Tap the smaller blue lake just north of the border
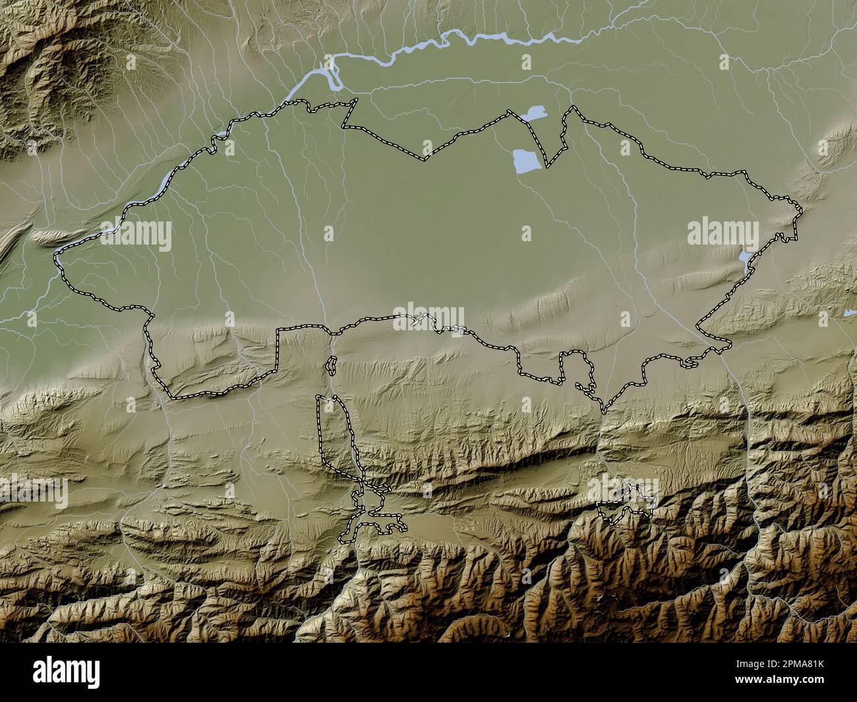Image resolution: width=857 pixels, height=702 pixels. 533,114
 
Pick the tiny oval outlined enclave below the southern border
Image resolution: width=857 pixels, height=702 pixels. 332,365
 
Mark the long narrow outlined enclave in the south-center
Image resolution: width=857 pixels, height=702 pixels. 336,435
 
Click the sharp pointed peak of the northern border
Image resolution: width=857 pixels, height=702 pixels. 572,108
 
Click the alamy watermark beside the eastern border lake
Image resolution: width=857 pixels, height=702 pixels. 723,233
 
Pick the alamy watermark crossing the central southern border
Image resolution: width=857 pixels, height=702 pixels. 428,316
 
